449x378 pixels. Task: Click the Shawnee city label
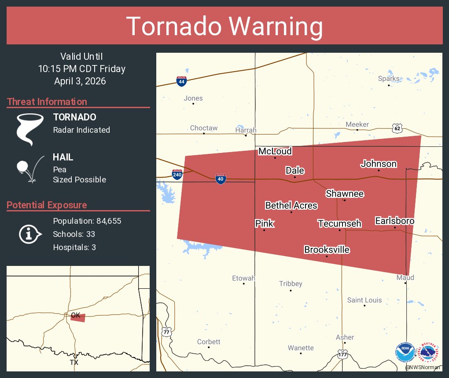coord(345,194)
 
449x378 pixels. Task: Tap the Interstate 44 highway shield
coord(181,81)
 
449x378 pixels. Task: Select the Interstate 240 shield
coord(177,174)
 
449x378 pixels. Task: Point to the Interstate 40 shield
coord(221,178)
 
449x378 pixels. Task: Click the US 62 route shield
coord(397,128)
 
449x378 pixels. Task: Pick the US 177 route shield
coord(343,354)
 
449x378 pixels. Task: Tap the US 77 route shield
coord(166,332)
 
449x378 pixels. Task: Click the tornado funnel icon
coord(29,129)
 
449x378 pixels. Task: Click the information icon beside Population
coord(29,234)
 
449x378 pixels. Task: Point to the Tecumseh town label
coord(339,224)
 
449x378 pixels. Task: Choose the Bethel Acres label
coord(291,205)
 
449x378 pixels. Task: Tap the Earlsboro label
coord(394,221)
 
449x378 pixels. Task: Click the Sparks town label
coord(389,79)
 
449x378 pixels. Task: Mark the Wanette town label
coord(301,348)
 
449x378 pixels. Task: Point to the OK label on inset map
coord(76,315)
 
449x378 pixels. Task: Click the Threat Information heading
coord(47,102)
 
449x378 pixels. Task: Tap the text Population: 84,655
coord(87,221)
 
